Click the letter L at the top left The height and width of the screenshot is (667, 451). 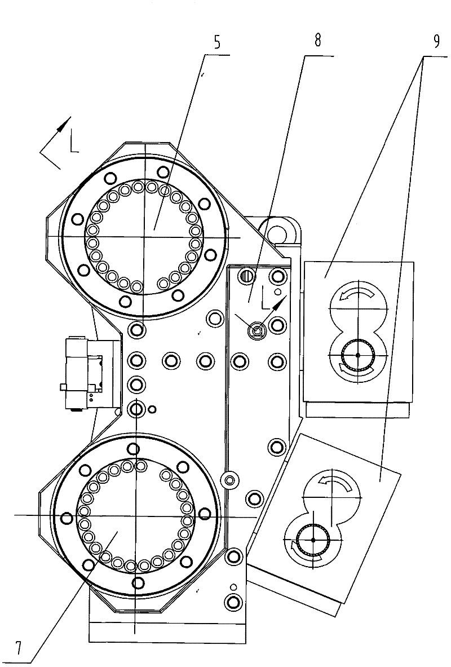[74, 143]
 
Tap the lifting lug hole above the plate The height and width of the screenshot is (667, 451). [277, 232]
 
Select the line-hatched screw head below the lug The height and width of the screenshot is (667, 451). [247, 276]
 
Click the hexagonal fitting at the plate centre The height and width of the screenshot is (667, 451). [258, 330]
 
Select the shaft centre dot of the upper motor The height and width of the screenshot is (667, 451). [358, 355]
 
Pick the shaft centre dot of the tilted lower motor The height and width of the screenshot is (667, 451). [313, 540]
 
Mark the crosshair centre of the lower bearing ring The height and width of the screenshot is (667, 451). [135, 515]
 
